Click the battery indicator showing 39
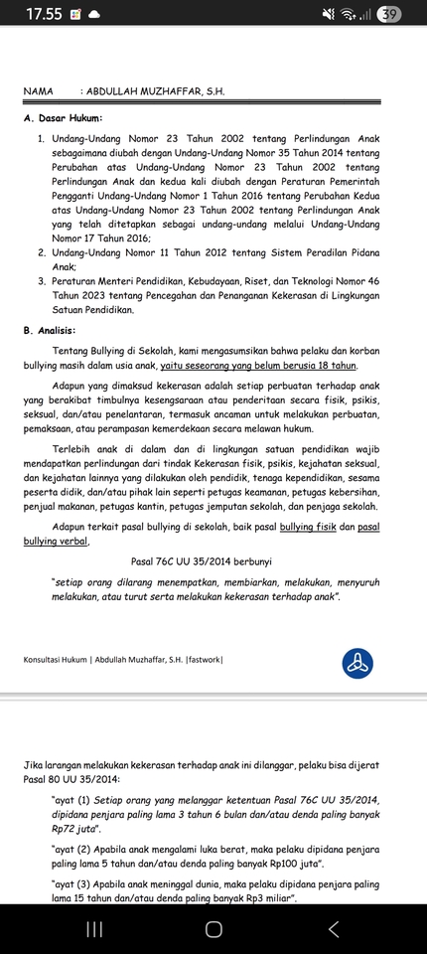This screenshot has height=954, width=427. coord(389,14)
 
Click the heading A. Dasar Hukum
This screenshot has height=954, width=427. coord(63,118)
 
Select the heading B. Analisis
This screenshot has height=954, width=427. coord(57,330)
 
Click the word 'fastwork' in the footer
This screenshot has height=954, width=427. coord(203,659)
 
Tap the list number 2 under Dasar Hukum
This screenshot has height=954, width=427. coord(42,253)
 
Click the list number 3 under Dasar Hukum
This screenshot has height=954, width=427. coord(42,282)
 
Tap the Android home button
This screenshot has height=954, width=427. coord(213,928)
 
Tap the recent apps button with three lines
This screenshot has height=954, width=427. coord(94,928)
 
